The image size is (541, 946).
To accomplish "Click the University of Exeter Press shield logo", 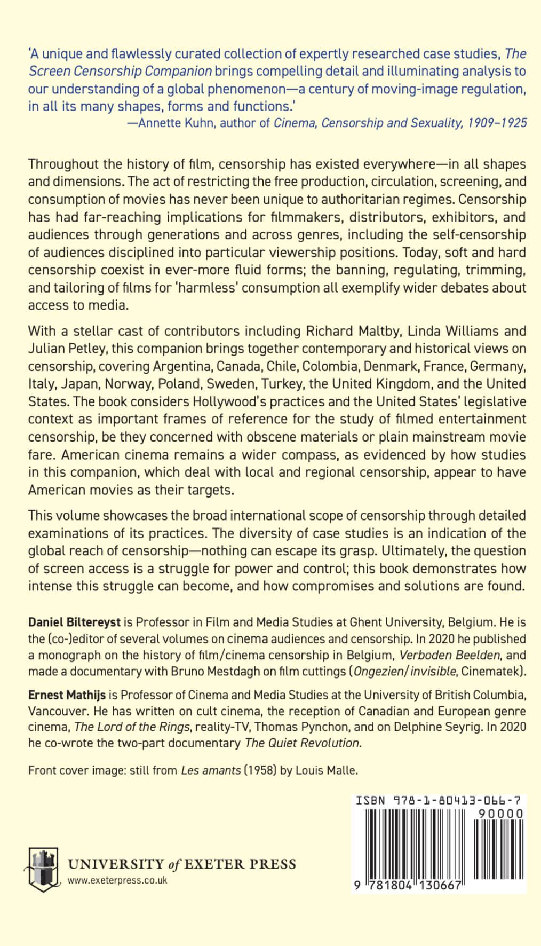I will click(42, 869).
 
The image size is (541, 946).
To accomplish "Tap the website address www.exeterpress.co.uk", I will click(117, 880).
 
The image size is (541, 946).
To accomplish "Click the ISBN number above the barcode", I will click(438, 800).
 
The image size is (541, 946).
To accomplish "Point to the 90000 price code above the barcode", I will click(500, 814).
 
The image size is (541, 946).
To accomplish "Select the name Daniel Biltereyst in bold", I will click(74, 622).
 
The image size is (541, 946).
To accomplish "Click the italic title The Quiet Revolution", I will click(303, 743).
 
